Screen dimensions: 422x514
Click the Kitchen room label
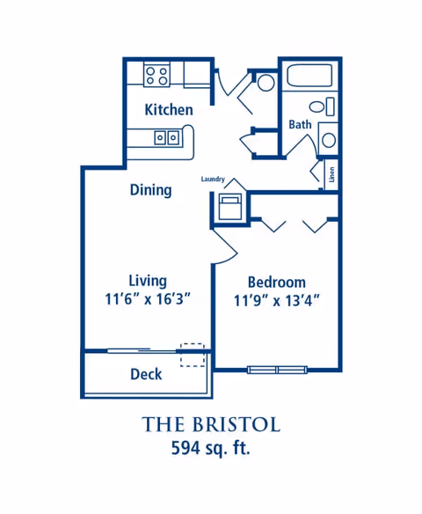169,109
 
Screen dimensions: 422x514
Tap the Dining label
150,190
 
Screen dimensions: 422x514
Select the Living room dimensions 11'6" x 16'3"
148,298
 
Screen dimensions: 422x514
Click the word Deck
146,374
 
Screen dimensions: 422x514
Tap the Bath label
300,125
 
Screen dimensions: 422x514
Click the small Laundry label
213,179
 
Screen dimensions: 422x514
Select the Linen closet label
332,174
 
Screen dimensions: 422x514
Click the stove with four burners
156,76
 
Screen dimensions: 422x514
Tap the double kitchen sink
167,137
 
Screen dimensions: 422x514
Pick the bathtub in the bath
309,76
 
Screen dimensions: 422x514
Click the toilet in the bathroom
322,106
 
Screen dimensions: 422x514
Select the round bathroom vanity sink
329,140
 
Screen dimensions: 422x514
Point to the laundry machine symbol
230,207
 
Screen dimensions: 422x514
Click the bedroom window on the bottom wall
277,370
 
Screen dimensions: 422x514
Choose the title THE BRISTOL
211,424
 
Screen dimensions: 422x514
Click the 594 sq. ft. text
211,447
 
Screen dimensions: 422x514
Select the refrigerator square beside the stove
197,75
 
